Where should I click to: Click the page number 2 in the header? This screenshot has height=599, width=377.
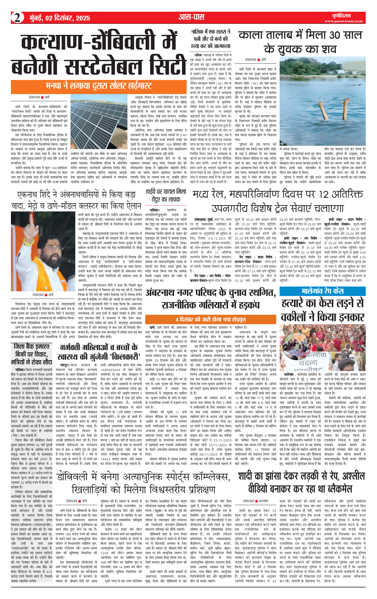click(x=17, y=18)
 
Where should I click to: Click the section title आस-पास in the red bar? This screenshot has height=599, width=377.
click(x=191, y=18)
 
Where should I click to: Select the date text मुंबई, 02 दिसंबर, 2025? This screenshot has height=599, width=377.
click(x=60, y=18)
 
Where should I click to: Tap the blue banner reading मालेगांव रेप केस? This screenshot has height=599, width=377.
click(x=322, y=291)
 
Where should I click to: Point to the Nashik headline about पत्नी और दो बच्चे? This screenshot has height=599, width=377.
click(x=210, y=39)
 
